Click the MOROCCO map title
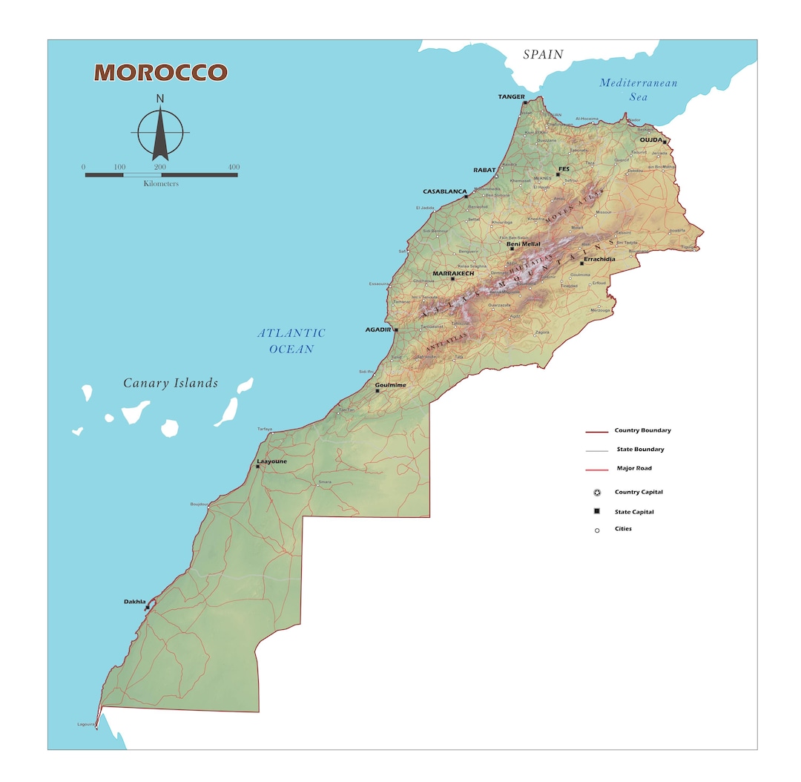coord(160,73)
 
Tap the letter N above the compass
coord(160,99)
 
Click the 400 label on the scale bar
coord(234,167)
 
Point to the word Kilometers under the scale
coord(161,183)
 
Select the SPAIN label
coord(543,54)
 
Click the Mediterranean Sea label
coord(638,90)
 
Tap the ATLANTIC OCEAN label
coord(291,341)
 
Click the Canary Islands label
coord(171,383)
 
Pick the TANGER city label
coord(511,96)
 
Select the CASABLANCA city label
coord(445,191)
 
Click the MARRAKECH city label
coord(453,273)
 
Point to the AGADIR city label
coord(378,329)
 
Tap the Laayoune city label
coord(271,461)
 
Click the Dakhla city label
coord(134,601)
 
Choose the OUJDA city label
coord(650,139)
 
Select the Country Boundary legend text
coord(642,430)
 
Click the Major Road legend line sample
coord(596,470)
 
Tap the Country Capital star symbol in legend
coord(597,493)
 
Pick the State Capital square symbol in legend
coord(597,511)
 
